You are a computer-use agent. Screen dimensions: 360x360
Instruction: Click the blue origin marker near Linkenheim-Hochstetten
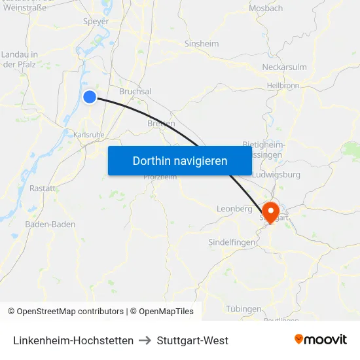(x=90, y=97)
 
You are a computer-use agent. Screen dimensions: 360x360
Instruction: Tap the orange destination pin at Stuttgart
(x=270, y=211)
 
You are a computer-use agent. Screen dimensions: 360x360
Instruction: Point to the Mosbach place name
(x=266, y=9)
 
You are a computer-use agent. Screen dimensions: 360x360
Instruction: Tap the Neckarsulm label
(x=285, y=67)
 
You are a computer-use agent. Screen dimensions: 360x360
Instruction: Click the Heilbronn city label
(x=283, y=86)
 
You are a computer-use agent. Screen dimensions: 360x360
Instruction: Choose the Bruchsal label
(x=135, y=92)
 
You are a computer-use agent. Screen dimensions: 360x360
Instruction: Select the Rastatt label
(x=43, y=188)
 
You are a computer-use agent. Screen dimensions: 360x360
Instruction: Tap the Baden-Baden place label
(x=50, y=224)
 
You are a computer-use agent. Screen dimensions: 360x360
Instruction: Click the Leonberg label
(x=234, y=209)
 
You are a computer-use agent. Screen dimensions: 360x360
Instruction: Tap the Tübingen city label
(x=244, y=308)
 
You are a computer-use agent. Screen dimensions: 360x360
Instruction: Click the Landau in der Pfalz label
(x=19, y=59)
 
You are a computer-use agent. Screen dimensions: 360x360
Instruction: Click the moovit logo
(x=321, y=339)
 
